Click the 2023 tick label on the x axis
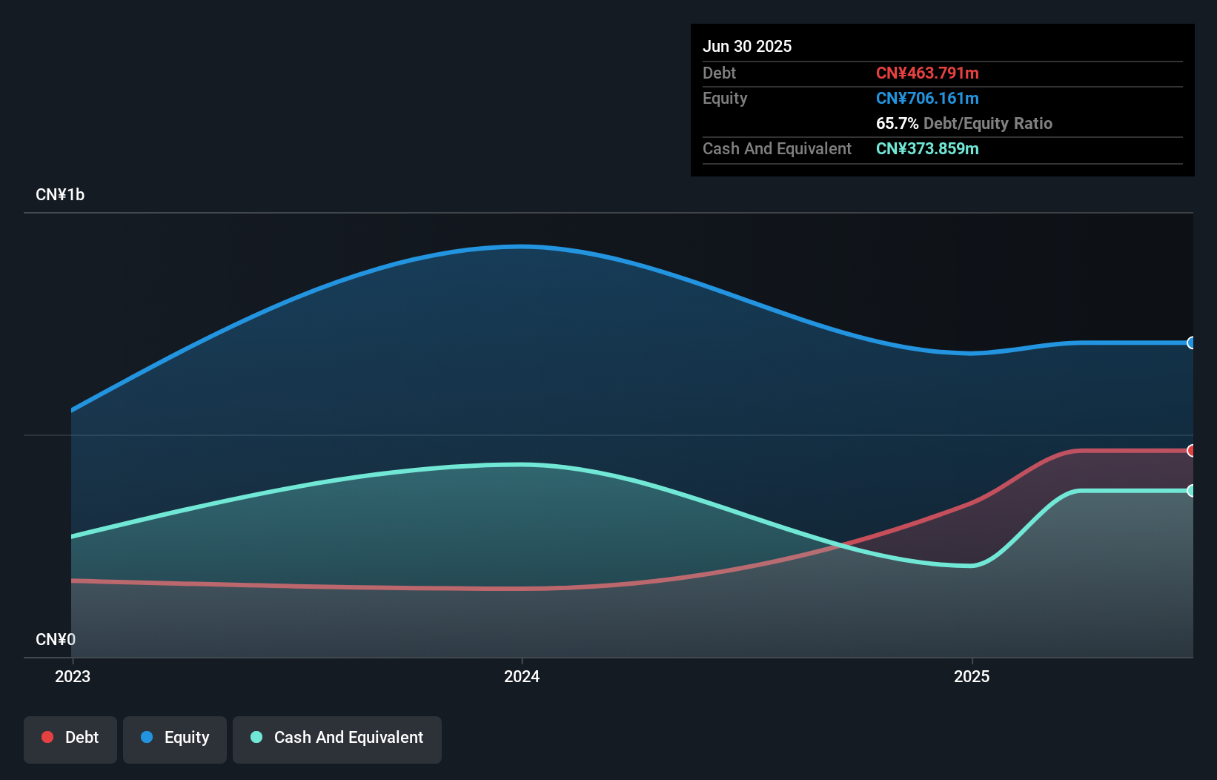pyautogui.click(x=73, y=676)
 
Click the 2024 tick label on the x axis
pyautogui.click(x=522, y=676)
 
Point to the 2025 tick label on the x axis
pyautogui.click(x=972, y=676)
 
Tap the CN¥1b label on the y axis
pyautogui.click(x=60, y=195)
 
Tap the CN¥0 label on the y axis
pyautogui.click(x=56, y=639)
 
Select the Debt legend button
pyautogui.click(x=70, y=738)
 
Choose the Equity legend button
pyautogui.click(x=175, y=738)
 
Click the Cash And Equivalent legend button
pyautogui.click(x=337, y=738)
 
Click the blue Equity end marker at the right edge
pyautogui.click(x=1191, y=343)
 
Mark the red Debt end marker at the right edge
pyautogui.click(x=1191, y=451)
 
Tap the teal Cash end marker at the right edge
pyautogui.click(x=1191, y=491)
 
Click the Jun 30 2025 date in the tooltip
pyautogui.click(x=747, y=46)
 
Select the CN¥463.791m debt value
pyautogui.click(x=927, y=73)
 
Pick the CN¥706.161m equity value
pyautogui.click(x=927, y=98)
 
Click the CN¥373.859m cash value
pyautogui.click(x=927, y=148)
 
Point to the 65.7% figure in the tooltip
pyautogui.click(x=897, y=123)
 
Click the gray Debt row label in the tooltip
pyautogui.click(x=719, y=73)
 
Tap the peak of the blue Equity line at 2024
pyautogui.click(x=522, y=246)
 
